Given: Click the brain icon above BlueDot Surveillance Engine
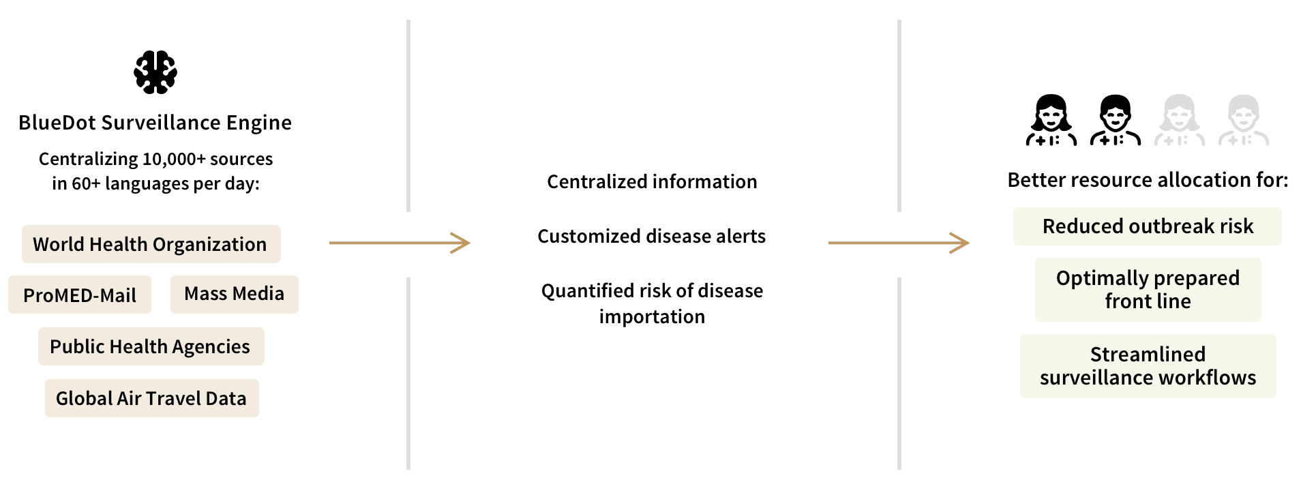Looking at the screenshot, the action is click(x=155, y=72).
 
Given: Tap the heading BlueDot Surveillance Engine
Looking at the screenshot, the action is click(x=155, y=123).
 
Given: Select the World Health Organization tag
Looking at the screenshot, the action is click(x=151, y=244).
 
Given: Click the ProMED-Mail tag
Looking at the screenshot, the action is click(x=80, y=295).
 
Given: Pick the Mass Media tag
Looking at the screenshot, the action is click(x=235, y=294).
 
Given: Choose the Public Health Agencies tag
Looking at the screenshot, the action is click(x=151, y=346).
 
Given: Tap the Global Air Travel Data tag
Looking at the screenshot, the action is click(x=151, y=398).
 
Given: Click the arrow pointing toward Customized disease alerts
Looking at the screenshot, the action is click(x=400, y=243).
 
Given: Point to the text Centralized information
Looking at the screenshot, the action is click(x=652, y=182).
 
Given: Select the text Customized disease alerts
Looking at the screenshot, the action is click(x=651, y=237).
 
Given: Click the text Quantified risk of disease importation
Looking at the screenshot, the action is click(x=652, y=303).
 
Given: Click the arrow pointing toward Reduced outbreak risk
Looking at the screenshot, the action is click(x=899, y=243).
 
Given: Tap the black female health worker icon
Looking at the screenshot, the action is click(x=1051, y=120).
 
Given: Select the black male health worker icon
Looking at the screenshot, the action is click(x=1115, y=120).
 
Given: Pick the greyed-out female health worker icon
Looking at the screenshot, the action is click(x=1179, y=120).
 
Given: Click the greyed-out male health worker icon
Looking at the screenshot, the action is click(x=1243, y=120).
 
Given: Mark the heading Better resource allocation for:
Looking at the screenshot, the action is click(x=1148, y=180).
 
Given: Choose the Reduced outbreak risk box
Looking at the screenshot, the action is click(x=1148, y=226).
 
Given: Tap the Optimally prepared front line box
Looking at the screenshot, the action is click(x=1148, y=290).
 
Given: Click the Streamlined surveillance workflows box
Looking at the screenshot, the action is click(x=1148, y=366).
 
